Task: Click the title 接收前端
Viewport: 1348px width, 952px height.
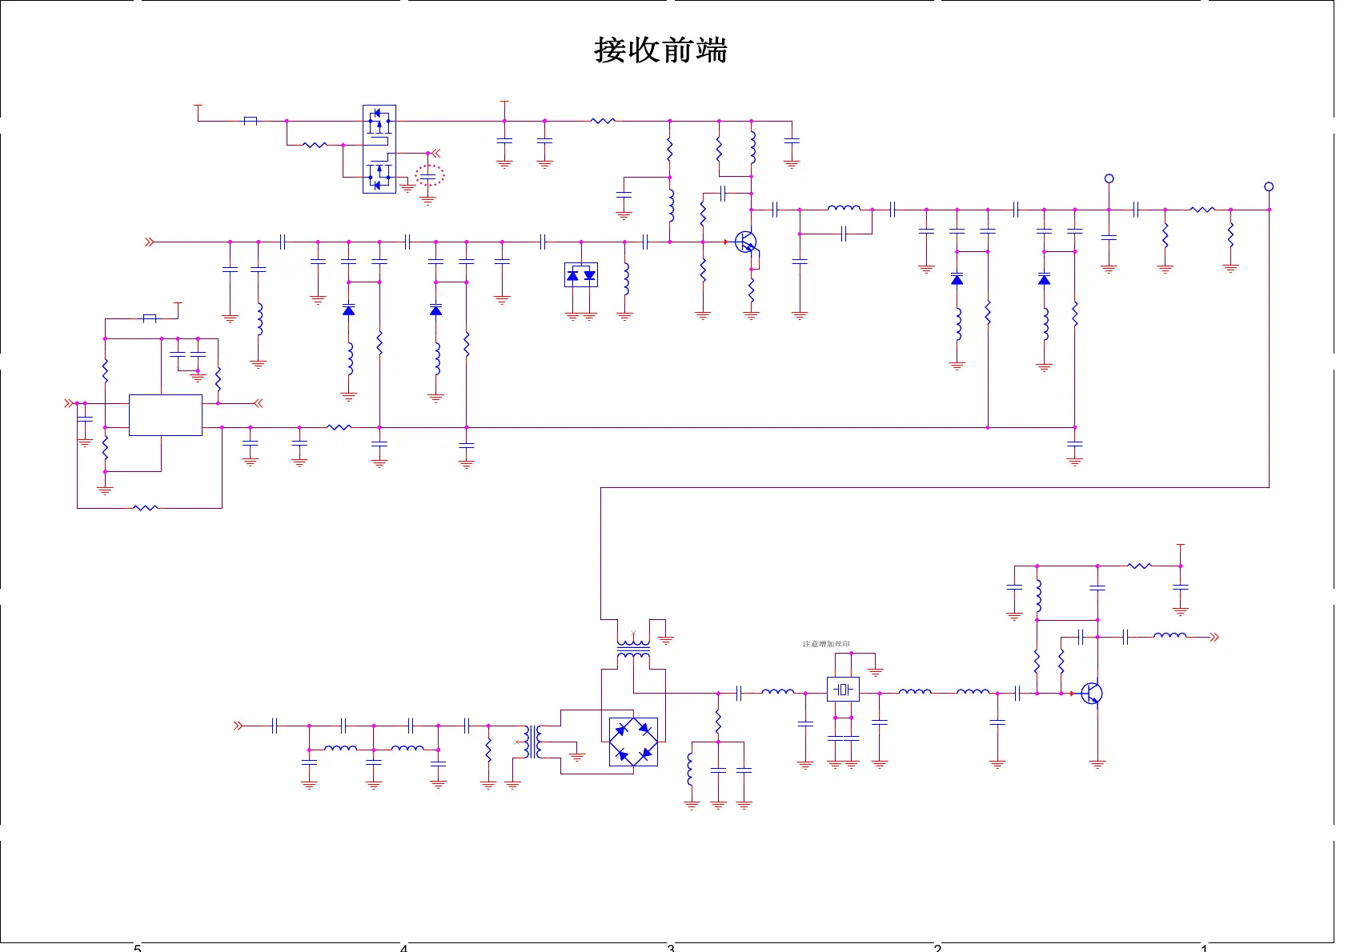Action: pos(660,50)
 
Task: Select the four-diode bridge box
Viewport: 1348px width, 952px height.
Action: pos(633,742)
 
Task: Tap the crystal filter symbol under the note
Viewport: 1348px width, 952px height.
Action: pos(842,689)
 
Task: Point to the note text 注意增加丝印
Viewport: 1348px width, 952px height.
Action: pos(826,644)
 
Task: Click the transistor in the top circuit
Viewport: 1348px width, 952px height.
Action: pos(746,242)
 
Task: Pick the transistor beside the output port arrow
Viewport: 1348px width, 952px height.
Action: pos(1092,694)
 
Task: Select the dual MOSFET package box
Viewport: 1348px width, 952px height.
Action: pos(379,149)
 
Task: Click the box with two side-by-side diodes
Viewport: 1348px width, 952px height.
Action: pos(581,275)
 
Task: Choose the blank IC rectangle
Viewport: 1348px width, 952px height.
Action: pos(165,414)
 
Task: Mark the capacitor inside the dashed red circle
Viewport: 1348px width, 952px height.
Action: pos(429,174)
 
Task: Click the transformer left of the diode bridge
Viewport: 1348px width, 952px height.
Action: pos(532,742)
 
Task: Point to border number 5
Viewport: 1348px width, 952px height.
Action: pos(138,948)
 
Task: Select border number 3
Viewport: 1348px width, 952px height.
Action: pos(671,948)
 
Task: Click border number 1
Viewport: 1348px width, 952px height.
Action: pos(1204,948)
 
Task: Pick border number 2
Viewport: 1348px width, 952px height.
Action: pos(937,948)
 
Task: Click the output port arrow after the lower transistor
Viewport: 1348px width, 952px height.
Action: pos(1214,637)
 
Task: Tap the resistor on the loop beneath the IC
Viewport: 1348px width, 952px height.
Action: pos(145,507)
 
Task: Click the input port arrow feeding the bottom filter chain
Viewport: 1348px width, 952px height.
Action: pos(238,726)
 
